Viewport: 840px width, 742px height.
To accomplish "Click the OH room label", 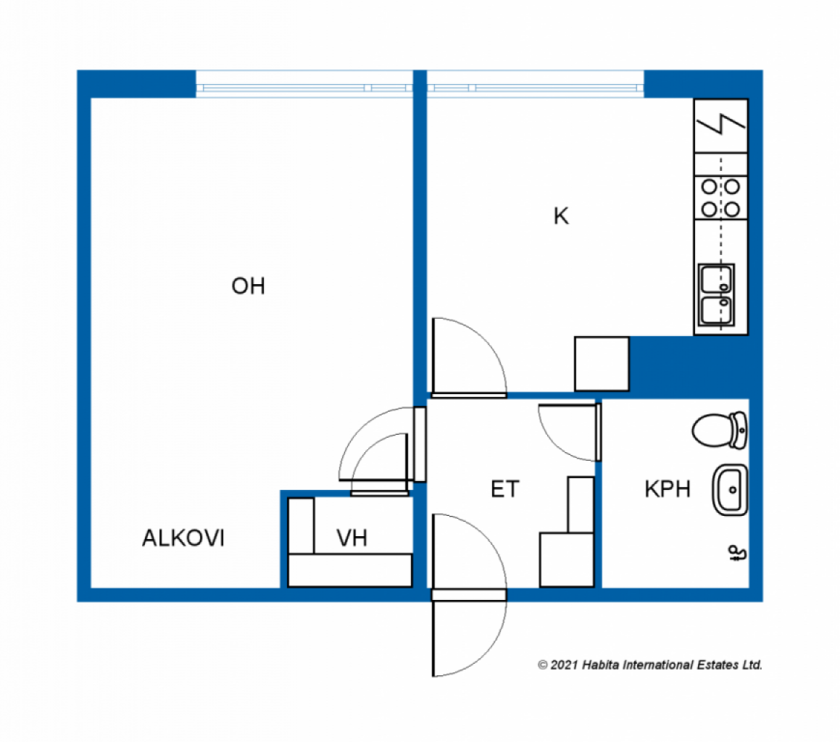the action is coord(248,286).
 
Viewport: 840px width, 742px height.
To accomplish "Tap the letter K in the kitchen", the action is coord(561,216).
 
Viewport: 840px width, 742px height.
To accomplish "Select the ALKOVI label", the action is coord(183,538).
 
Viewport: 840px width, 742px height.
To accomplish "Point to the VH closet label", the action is coord(352,538).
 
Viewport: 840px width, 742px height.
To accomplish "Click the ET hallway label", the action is coord(504,489).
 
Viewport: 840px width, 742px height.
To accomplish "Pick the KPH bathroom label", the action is coord(668,489).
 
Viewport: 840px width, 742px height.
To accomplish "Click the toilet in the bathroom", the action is coord(720,430).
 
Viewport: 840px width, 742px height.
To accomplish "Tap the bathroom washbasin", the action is coord(730,490).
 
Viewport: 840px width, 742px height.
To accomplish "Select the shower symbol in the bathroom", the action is coord(738,553).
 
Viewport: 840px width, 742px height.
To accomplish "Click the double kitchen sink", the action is coord(717,295).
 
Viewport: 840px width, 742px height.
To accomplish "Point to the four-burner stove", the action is coord(721,198).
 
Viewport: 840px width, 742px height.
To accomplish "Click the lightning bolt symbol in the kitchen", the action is coord(721,125).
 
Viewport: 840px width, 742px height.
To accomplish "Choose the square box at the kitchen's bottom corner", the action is coord(602,364).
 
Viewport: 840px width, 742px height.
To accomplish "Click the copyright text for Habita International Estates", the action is coord(650,665).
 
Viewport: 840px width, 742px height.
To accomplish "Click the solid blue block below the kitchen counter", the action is coord(689,367).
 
